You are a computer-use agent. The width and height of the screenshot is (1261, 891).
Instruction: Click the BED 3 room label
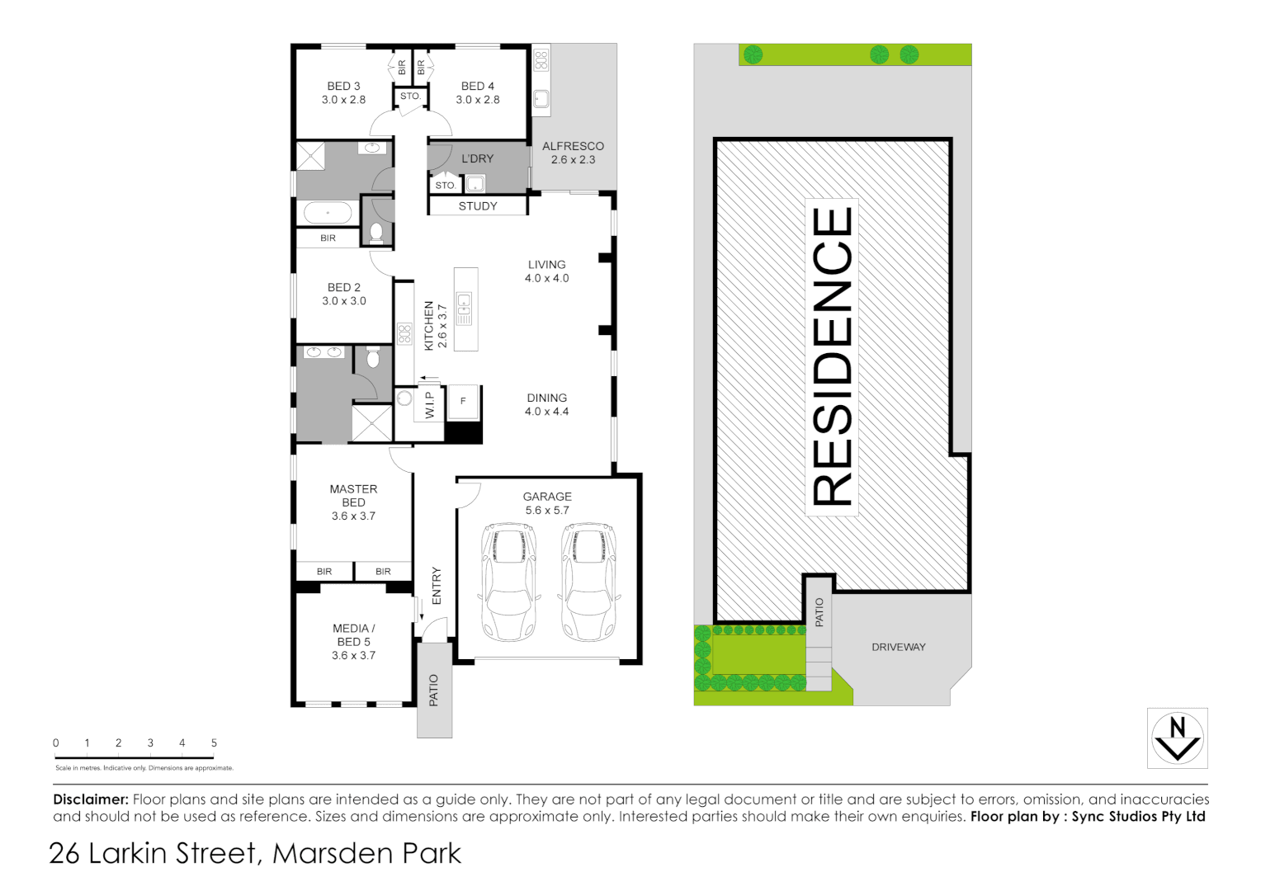click(x=343, y=86)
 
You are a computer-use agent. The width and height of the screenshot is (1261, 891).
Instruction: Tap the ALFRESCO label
click(x=573, y=146)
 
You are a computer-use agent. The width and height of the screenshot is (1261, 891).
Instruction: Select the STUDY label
click(x=478, y=206)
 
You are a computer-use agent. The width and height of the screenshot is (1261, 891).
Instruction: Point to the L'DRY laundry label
click(x=477, y=158)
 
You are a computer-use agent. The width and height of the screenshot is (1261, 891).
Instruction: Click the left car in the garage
click(x=508, y=582)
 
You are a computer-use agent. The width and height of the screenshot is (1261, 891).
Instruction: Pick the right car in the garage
click(x=588, y=582)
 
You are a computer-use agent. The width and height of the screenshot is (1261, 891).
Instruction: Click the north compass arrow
click(x=1178, y=738)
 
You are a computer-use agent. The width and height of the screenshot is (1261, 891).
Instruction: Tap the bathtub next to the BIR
click(x=328, y=213)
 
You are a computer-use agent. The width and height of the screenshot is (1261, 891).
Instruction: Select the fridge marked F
click(x=463, y=401)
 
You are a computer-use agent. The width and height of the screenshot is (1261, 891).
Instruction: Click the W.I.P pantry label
click(x=429, y=404)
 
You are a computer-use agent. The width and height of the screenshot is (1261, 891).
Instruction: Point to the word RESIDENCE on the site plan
click(x=832, y=356)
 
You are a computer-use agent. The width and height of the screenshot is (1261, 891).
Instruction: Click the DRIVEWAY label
click(x=899, y=647)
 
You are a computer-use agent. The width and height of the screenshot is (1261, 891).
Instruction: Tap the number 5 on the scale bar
click(x=214, y=742)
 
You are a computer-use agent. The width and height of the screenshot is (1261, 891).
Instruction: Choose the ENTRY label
click(x=437, y=586)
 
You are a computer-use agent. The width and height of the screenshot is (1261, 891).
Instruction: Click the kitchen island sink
click(x=465, y=308)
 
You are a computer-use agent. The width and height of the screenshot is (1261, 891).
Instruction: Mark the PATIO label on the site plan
click(x=819, y=612)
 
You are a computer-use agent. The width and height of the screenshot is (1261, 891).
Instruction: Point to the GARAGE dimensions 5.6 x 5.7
click(x=547, y=511)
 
